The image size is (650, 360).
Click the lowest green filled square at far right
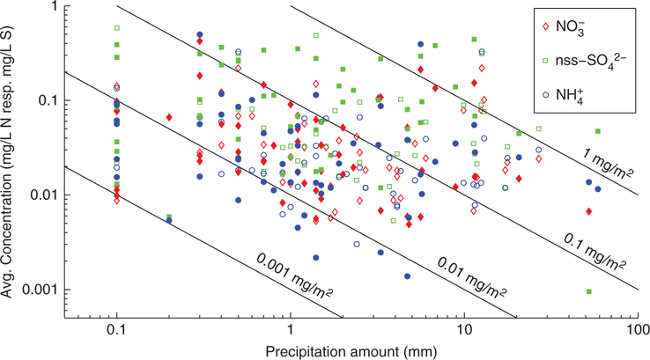pos(588,291)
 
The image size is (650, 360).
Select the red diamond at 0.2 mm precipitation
pos(169,117)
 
